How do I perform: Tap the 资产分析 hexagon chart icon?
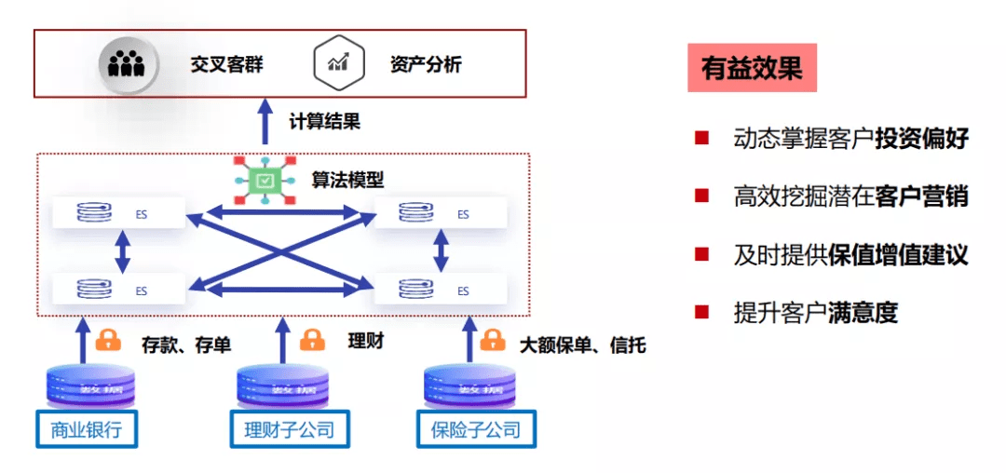click(336, 63)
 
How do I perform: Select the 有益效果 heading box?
click(752, 69)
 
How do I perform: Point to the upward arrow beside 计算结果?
click(265, 122)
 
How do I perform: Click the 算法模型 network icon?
click(266, 180)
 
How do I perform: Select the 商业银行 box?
click(86, 429)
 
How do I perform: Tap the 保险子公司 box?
click(476, 429)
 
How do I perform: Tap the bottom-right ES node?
click(441, 291)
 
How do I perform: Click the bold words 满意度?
click(863, 313)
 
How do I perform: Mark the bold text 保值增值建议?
click(898, 255)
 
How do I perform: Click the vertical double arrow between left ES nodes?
click(121, 251)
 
